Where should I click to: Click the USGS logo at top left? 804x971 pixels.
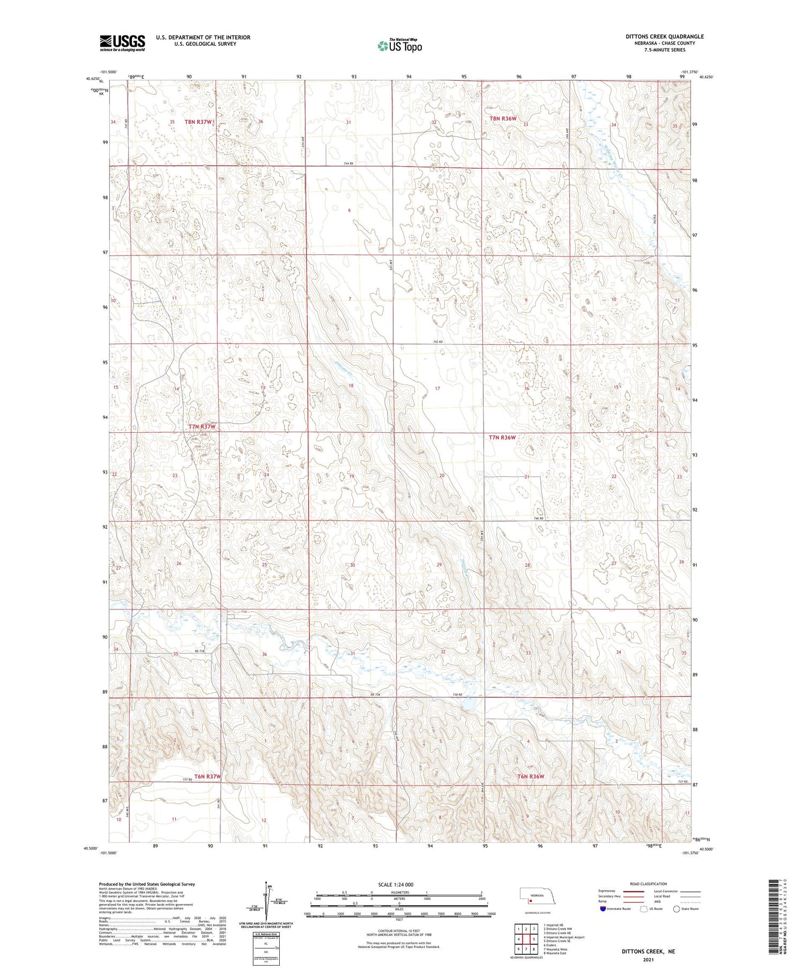(122, 43)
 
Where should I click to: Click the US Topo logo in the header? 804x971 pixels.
(400, 46)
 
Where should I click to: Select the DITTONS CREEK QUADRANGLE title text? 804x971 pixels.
(665, 36)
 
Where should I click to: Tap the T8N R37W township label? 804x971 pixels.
(198, 122)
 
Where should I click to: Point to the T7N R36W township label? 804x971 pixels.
(502, 438)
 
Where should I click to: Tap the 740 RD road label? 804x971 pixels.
(538, 518)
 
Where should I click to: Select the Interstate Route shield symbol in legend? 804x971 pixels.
(602, 908)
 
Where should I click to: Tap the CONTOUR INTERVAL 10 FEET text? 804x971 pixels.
(399, 931)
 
